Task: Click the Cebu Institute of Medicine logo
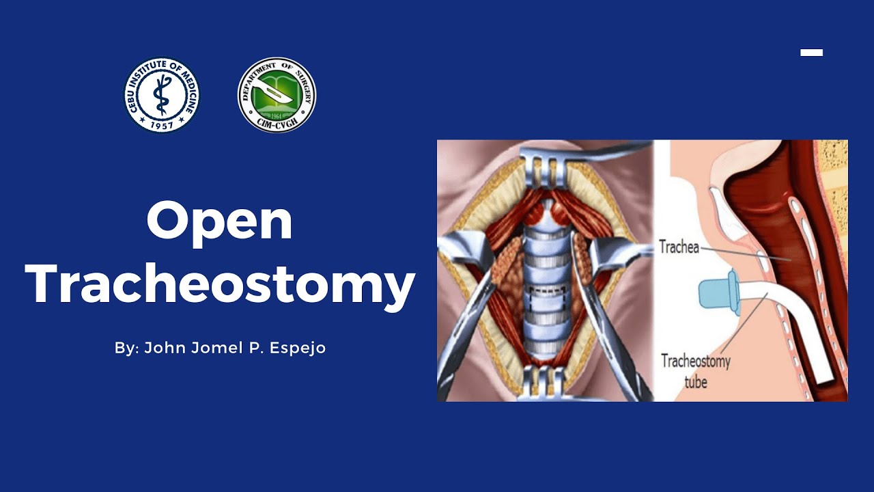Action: (x=162, y=95)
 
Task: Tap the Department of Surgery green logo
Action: (x=277, y=95)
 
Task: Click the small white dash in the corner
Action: (x=811, y=52)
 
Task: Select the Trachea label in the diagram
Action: (x=679, y=247)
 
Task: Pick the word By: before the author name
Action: (x=126, y=348)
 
